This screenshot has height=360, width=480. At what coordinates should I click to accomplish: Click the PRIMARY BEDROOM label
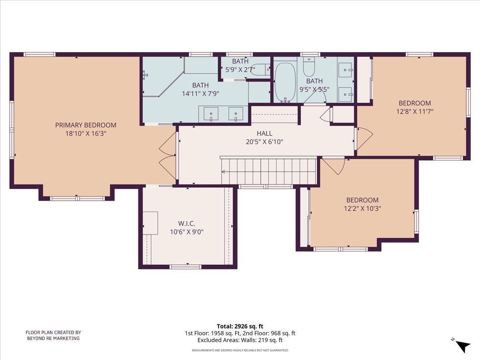coord(86,125)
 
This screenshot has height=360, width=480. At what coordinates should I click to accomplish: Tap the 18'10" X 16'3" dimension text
coord(86,134)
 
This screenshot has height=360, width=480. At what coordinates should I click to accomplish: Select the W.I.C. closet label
coord(186,223)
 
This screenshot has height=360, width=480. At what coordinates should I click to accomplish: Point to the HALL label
coord(264,133)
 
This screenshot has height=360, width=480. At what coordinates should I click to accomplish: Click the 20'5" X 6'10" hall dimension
coord(264,141)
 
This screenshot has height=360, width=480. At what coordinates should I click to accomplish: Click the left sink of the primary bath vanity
coord(211,114)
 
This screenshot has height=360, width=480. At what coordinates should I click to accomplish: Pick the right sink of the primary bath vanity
coord(236,114)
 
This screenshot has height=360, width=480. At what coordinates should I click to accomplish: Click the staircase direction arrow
coord(223,172)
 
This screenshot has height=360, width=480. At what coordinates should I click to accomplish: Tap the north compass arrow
coord(463,345)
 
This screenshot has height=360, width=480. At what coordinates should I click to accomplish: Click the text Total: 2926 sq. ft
coord(240,326)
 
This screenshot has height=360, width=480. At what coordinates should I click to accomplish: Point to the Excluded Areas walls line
coord(240,340)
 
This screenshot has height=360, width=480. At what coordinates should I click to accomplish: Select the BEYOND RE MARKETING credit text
coord(53,338)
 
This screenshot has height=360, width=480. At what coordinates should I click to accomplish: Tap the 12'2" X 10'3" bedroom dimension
coord(362,208)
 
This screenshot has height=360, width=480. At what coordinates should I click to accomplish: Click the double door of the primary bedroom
coord(168,156)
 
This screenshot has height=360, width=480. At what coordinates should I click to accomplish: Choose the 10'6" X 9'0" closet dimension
coord(186,232)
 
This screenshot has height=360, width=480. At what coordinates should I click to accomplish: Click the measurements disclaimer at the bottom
coord(240,350)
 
